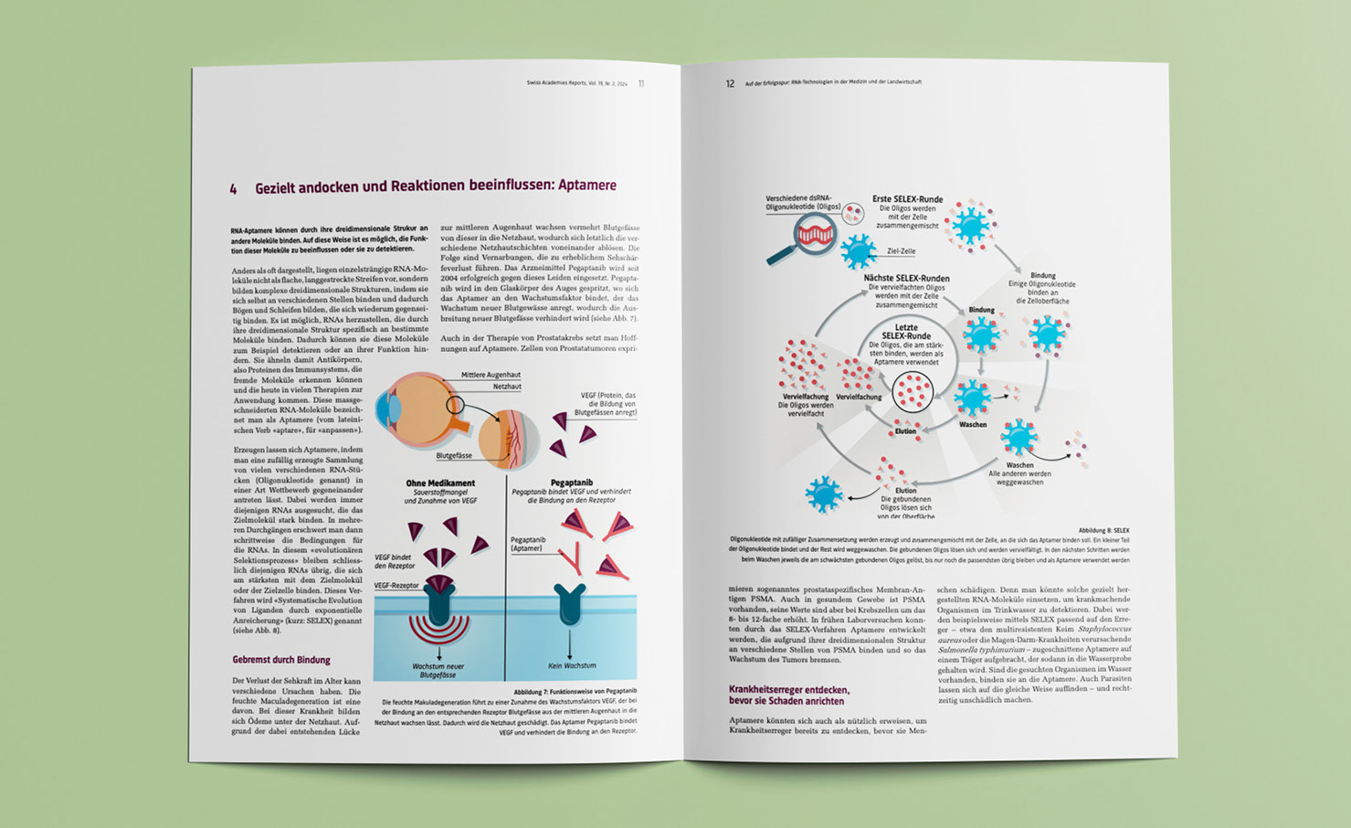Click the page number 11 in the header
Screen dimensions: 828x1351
point(641,83)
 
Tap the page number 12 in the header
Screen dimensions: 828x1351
point(730,83)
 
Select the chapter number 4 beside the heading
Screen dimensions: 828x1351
point(233,188)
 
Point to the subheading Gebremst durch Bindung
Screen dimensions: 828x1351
point(280,659)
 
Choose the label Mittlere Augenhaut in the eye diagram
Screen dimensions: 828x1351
point(491,375)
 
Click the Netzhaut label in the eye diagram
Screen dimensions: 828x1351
point(507,387)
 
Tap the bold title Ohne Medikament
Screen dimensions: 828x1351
point(440,483)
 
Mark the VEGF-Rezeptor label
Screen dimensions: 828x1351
point(396,585)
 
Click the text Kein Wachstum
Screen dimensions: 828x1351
point(572,665)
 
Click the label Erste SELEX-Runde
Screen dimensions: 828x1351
point(907,198)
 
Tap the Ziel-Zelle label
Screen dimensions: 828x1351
point(901,251)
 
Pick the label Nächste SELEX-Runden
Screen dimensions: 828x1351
point(906,278)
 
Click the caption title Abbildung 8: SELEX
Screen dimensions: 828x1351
point(1103,530)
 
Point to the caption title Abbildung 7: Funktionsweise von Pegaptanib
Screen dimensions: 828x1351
point(575,692)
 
